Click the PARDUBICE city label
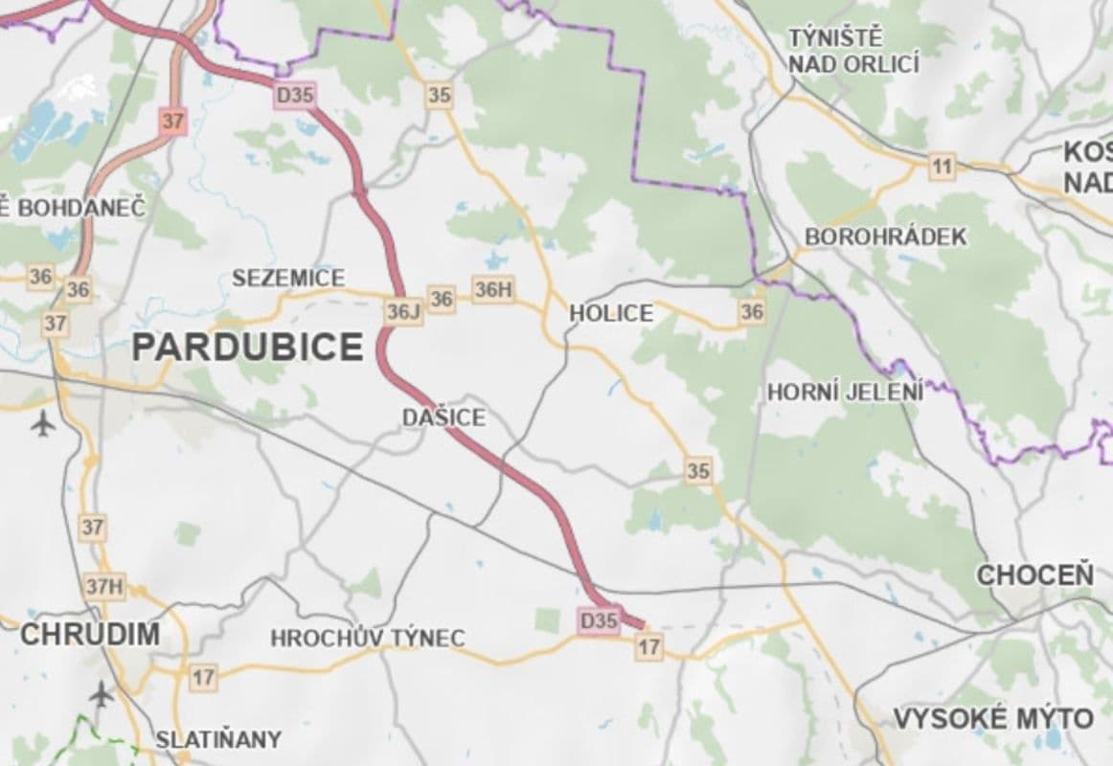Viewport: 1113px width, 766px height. point(247,347)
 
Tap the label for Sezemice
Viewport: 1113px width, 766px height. point(288,279)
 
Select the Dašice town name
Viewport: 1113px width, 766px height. point(443,417)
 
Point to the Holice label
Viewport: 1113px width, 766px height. point(611,313)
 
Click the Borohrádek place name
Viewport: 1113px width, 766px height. point(887,237)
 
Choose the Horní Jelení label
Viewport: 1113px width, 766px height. point(846,392)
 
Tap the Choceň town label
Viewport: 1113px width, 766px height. point(1034,575)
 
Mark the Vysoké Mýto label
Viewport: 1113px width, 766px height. point(992,718)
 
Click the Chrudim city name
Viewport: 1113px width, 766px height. point(90,634)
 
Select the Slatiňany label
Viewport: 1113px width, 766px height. point(218,739)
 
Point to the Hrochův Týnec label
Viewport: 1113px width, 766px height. point(368,638)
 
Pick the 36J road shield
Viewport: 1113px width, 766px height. point(404,311)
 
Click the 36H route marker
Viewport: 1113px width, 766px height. point(493,289)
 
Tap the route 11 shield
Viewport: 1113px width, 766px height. point(943,168)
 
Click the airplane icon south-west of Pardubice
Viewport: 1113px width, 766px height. point(43,421)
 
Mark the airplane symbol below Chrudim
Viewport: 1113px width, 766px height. point(101,692)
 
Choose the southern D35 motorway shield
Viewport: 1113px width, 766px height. point(599,620)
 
